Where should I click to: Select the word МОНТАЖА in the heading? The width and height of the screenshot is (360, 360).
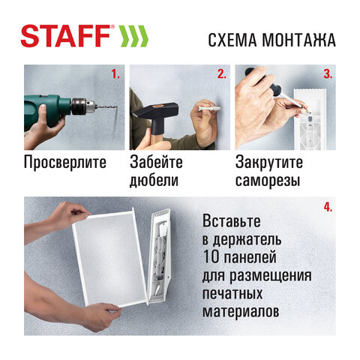(x=299, y=39)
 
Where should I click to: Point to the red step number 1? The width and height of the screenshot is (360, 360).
(x=115, y=74)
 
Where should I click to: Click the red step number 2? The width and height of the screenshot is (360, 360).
(x=221, y=74)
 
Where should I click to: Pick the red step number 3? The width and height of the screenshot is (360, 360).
(x=327, y=74)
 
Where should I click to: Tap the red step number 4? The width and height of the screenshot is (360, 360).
(x=327, y=206)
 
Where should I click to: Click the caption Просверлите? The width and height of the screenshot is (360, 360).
(x=66, y=163)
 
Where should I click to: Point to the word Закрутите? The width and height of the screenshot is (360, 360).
(x=269, y=163)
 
